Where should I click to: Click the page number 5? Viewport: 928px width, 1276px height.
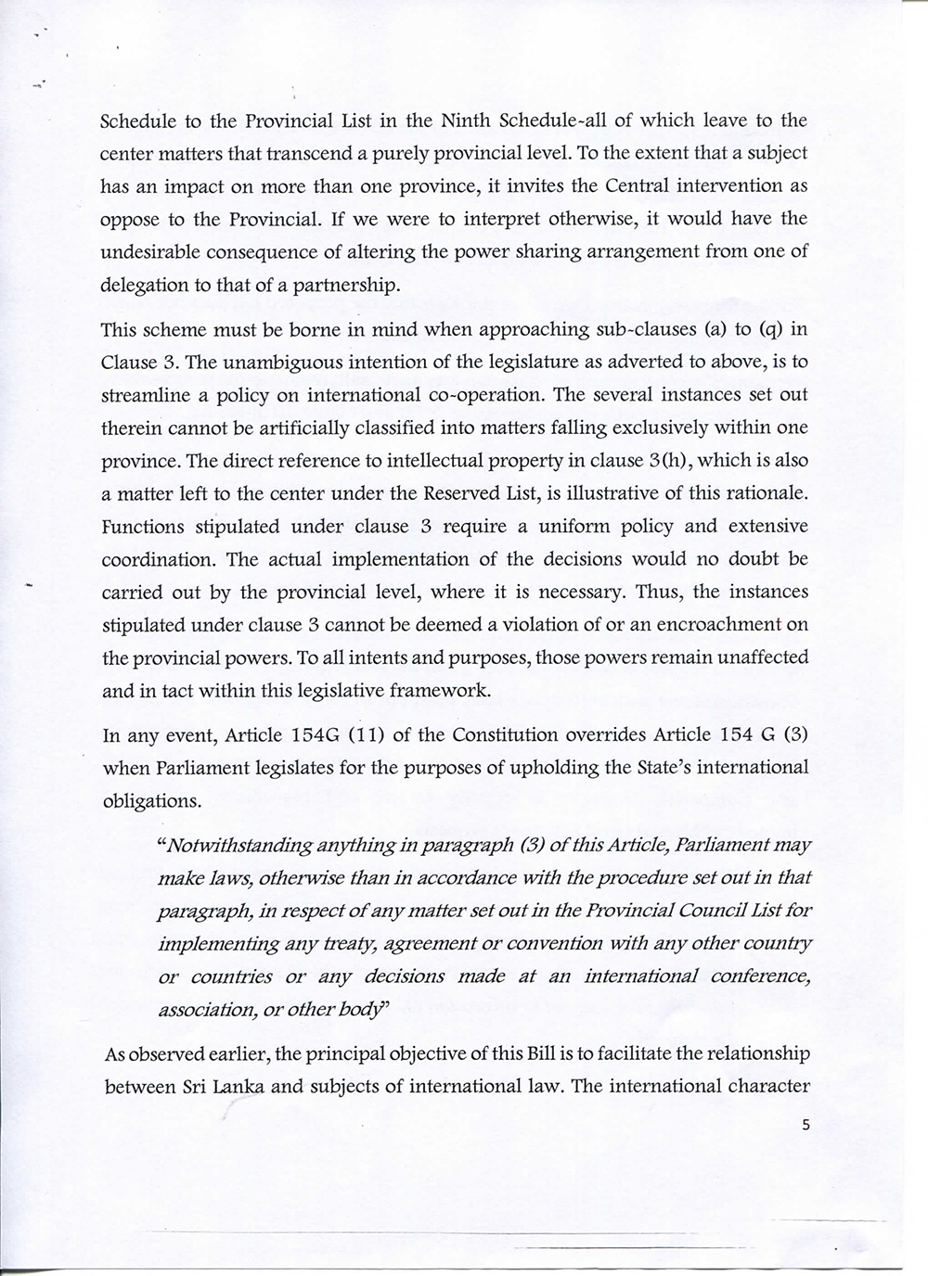[806, 1125]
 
